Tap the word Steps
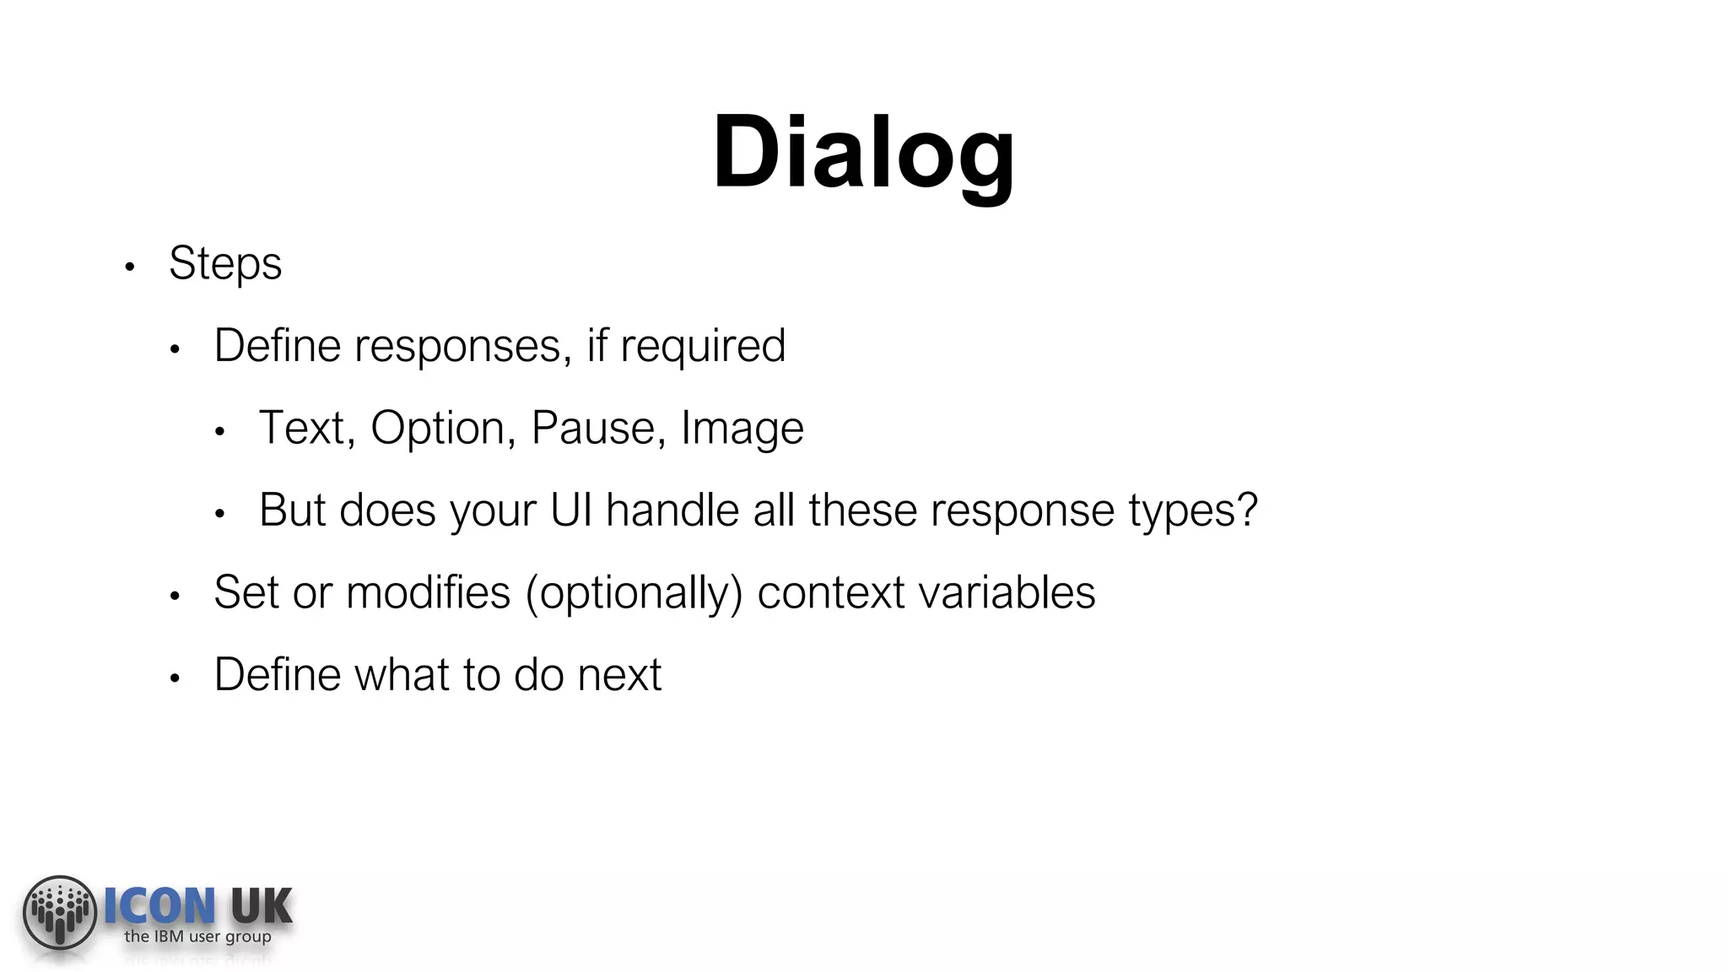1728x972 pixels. [x=224, y=264]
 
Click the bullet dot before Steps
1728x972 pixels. [x=129, y=267]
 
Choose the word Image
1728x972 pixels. [x=742, y=429]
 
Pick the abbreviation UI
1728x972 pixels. [x=571, y=510]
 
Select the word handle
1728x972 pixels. [x=672, y=510]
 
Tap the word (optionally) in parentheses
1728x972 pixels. [x=634, y=593]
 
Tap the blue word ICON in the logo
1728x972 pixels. [x=159, y=906]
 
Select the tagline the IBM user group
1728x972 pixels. [x=197, y=937]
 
